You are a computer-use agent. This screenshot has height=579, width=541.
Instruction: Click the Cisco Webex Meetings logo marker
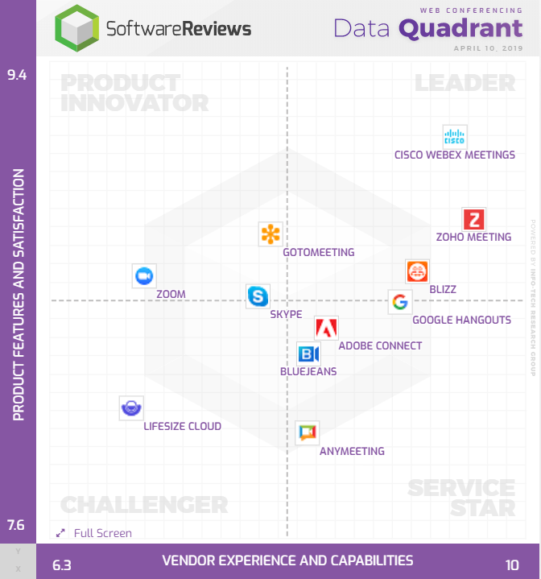click(x=455, y=137)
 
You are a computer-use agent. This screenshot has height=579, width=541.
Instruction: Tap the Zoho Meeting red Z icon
click(x=473, y=219)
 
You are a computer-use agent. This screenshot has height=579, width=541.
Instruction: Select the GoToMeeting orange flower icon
click(x=270, y=234)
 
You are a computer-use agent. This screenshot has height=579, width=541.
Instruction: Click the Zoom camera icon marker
click(x=144, y=275)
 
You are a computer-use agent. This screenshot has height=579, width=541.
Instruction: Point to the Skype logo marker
click(x=258, y=296)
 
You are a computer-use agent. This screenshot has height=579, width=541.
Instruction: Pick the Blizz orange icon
click(x=417, y=272)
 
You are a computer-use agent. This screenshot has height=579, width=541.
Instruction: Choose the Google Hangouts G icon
click(x=399, y=302)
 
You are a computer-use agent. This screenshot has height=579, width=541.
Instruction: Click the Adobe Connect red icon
click(x=326, y=328)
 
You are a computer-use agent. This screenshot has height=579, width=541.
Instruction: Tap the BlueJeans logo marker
click(x=308, y=354)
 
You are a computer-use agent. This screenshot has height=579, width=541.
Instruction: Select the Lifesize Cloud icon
click(x=130, y=408)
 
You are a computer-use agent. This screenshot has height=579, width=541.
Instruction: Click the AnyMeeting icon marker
click(x=307, y=433)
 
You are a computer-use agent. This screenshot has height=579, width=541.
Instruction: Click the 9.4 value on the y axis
click(x=17, y=76)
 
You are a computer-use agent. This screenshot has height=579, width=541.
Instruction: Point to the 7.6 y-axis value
click(x=17, y=526)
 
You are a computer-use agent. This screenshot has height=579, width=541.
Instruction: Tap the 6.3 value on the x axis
click(x=62, y=565)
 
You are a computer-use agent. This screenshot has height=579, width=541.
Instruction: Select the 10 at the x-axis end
click(x=513, y=565)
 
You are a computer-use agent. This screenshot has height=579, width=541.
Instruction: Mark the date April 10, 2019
click(x=489, y=48)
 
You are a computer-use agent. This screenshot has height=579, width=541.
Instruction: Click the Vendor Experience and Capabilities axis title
click(x=287, y=560)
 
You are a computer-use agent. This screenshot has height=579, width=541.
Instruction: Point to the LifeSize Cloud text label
click(x=182, y=426)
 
